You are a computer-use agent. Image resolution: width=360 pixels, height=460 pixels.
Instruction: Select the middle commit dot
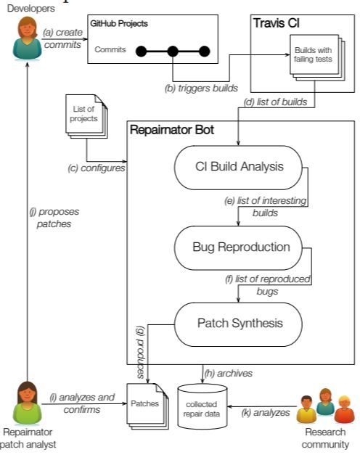[173, 52]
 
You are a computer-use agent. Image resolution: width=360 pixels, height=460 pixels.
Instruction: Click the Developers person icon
[28, 39]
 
